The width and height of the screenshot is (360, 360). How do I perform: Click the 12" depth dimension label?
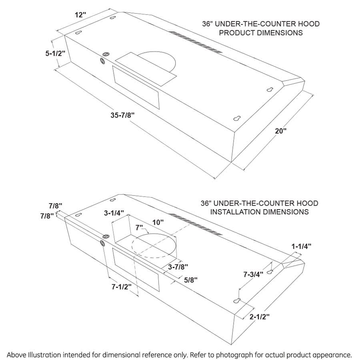(x=80, y=15)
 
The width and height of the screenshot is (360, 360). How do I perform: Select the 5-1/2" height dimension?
(x=55, y=52)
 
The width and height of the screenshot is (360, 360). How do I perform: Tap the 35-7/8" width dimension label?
(x=122, y=115)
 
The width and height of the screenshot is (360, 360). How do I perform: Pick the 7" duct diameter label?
(x=140, y=228)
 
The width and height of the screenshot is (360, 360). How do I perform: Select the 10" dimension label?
(x=158, y=222)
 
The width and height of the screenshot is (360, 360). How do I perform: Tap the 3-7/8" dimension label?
(x=178, y=266)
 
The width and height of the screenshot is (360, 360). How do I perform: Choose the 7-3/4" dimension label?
(x=253, y=275)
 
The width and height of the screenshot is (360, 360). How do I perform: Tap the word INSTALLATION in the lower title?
(x=238, y=212)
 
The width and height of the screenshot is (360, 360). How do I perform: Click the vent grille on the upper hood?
(x=195, y=42)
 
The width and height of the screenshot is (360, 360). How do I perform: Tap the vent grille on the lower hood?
(x=195, y=224)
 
